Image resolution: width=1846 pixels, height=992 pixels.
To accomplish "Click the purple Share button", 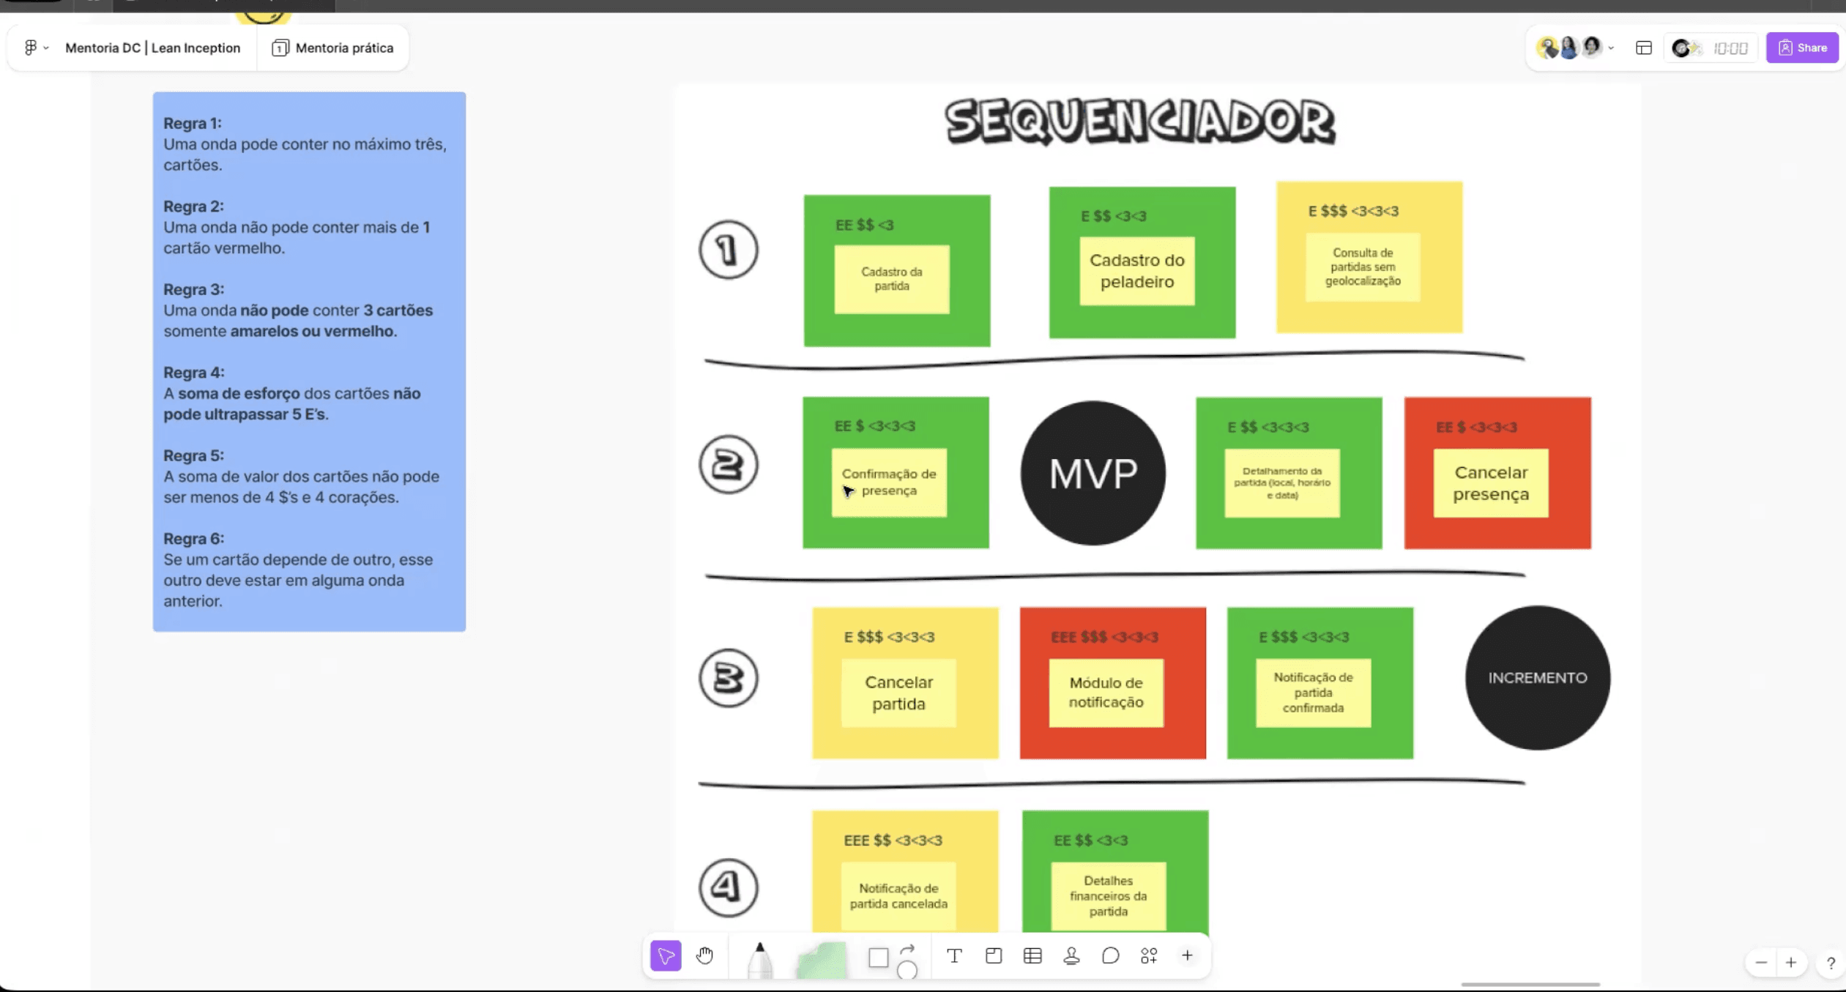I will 1801,48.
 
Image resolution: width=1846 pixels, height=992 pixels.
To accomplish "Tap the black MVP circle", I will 1093,473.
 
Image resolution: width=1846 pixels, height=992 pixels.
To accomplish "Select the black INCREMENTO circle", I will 1537,678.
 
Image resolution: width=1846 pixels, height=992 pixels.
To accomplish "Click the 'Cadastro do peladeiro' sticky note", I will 1136,271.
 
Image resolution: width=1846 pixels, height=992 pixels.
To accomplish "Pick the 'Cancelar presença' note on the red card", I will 1490,483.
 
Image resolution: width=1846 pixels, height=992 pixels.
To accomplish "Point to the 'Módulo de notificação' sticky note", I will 1106,693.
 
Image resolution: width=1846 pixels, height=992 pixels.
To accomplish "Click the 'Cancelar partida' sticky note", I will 898,693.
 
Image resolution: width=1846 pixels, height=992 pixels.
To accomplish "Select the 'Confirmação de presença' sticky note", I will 889,482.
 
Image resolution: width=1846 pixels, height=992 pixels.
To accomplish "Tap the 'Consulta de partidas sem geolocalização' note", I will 1362,267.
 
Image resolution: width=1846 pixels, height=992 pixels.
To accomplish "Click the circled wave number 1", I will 728,250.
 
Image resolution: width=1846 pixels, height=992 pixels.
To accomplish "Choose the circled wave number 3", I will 728,678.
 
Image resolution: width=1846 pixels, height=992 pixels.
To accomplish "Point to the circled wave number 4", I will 728,887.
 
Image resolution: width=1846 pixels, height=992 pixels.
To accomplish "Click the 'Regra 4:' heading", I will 194,373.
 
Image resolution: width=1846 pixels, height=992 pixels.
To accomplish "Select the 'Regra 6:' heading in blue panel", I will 194,539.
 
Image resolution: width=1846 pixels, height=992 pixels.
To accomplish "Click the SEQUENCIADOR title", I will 1139,121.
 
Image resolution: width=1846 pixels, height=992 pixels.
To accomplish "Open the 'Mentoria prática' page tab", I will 333,48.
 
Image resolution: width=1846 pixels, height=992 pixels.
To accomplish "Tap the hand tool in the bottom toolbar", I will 704,955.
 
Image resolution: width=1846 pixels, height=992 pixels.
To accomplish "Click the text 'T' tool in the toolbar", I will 954,955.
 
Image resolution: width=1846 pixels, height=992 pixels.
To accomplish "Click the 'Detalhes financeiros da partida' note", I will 1108,895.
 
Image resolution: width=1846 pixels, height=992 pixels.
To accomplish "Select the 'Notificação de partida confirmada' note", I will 1313,693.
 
